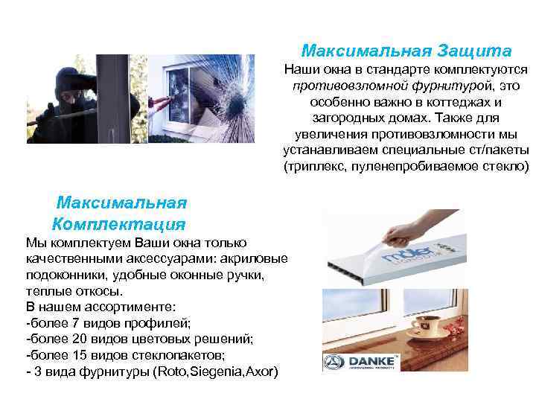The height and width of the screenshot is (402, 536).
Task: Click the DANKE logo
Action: (x=361, y=363)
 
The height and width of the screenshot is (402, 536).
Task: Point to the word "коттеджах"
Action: (x=447, y=102)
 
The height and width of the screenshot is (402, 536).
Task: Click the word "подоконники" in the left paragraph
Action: (x=63, y=275)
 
